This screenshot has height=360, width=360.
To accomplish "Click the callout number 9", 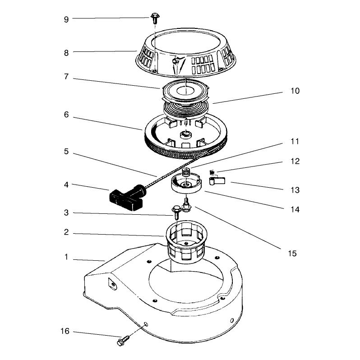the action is point(66,19).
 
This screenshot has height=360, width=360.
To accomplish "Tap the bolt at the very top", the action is point(155,18).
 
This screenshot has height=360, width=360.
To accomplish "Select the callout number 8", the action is point(66,53).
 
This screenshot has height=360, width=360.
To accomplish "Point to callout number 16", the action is point(65,331).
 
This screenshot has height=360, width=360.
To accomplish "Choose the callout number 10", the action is point(295,91).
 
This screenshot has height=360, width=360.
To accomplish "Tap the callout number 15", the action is point(292,254).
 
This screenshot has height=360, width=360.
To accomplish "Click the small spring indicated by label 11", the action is point(186,172).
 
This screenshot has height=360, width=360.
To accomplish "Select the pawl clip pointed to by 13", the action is point(217,181).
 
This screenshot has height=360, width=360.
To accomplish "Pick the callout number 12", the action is point(295,161).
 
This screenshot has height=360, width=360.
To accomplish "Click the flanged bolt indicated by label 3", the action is point(176,212).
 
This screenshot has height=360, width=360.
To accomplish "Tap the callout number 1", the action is point(66,257).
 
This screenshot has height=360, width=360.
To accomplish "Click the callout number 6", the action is point(66,114).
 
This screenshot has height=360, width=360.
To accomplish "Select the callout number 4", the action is point(66,185).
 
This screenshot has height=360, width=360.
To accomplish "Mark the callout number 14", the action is point(295,209).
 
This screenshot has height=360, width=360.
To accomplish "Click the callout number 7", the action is point(66,76).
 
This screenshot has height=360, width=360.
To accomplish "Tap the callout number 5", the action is point(66,151).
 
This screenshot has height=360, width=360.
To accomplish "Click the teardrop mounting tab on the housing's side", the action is point(112,284).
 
